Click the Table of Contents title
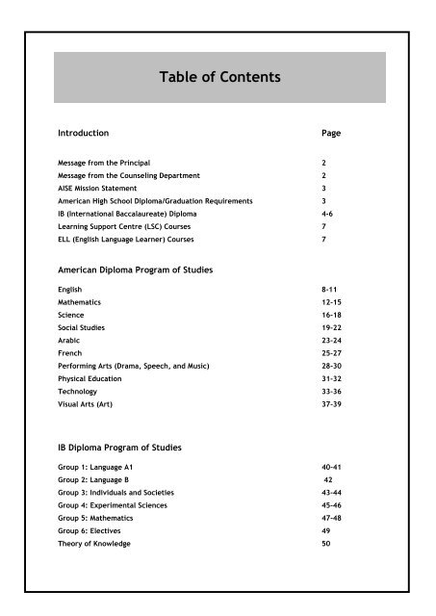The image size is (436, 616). (x=218, y=77)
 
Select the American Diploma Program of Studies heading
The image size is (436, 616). (x=135, y=272)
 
